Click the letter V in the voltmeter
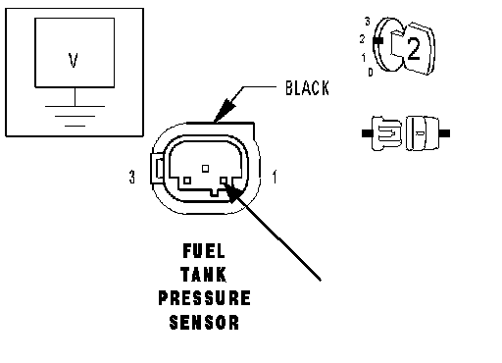(74, 61)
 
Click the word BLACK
(307, 88)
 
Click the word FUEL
(204, 251)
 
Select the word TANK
(203, 275)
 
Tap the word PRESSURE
(205, 298)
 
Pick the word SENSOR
(204, 322)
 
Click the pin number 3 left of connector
(131, 177)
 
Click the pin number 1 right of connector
(275, 177)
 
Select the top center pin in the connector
(205, 169)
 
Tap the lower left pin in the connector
(187, 181)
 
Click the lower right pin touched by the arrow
(224, 181)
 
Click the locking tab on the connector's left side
(157, 169)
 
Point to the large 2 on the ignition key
(414, 49)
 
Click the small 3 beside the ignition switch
(368, 22)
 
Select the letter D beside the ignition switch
(371, 72)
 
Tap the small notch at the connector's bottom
(215, 193)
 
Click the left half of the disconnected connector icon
(382, 133)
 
